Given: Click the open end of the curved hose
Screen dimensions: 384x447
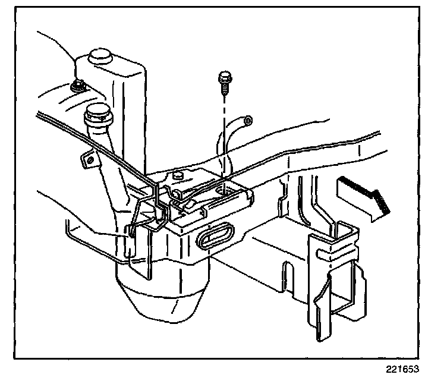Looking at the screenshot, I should tap(248, 122).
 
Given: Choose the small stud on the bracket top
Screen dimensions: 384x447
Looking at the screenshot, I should tap(177, 175).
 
